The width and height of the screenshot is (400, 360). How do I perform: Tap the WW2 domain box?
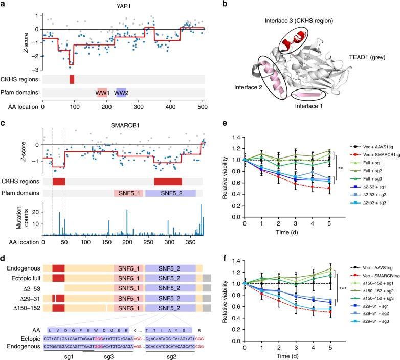click(x=121, y=93)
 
